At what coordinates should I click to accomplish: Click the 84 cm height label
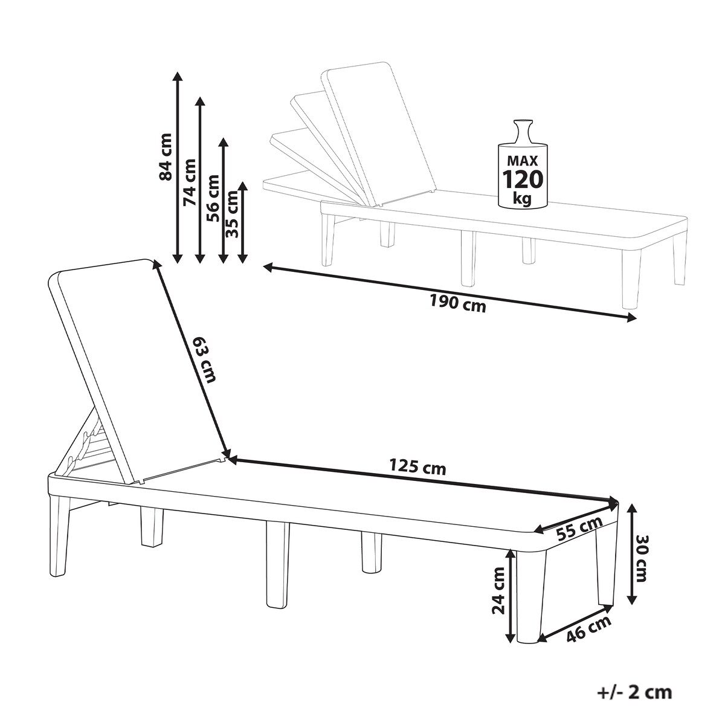(x=166, y=156)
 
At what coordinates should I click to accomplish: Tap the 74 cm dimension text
(x=189, y=182)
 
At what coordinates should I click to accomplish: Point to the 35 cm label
(x=232, y=214)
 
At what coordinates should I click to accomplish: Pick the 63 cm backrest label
(x=206, y=359)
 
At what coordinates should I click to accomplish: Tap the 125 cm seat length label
(x=417, y=468)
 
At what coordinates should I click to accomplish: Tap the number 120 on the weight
(x=523, y=179)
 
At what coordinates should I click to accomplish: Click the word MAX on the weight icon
(x=523, y=161)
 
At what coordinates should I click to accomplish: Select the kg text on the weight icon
(x=523, y=199)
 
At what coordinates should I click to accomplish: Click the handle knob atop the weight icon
(x=523, y=126)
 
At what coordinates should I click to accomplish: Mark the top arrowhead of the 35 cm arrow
(x=243, y=187)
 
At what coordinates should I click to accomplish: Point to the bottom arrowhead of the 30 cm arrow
(x=633, y=610)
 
